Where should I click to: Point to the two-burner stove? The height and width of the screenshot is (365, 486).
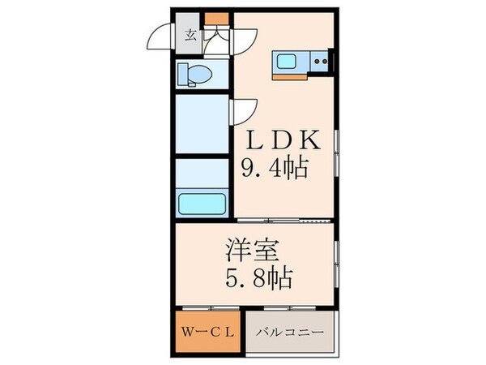point(320,60)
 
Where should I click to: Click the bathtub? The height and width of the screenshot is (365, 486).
point(202,202)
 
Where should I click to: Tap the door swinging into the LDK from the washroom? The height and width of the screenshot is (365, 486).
point(245,110)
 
